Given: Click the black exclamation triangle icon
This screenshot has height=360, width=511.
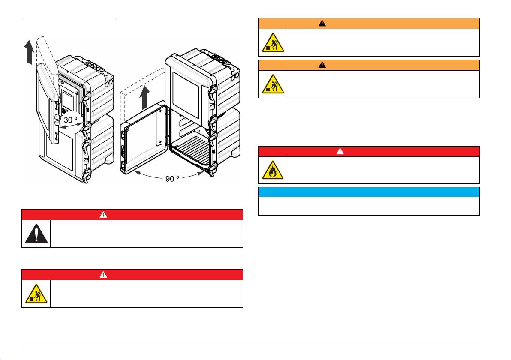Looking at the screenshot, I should tap(36, 234).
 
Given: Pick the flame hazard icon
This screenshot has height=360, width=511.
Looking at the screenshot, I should tap(273, 170).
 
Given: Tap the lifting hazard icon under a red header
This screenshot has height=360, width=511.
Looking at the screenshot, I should tap(36, 294).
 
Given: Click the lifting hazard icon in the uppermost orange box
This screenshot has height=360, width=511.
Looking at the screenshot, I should tap(273, 42).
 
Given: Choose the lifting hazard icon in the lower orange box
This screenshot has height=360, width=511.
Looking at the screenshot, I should tap(273, 84).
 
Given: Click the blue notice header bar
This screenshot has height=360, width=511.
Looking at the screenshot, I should tap(368, 192).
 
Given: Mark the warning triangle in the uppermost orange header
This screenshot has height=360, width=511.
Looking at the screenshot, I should tap(322, 23).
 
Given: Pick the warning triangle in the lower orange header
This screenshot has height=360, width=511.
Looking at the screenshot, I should tap(322, 65).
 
